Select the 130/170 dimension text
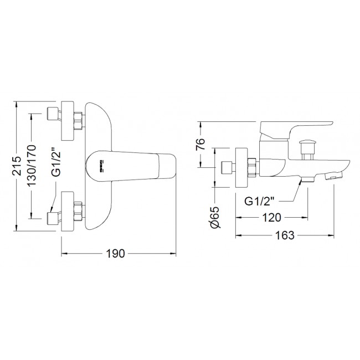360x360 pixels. (x=32, y=165)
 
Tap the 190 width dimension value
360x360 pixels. (x=116, y=254)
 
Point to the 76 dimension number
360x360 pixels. (x=200, y=144)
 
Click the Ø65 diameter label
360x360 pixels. (x=215, y=217)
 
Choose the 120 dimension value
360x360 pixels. (x=271, y=218)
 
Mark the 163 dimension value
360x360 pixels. (x=285, y=235)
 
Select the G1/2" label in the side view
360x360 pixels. (x=259, y=201)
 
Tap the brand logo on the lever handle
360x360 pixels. (x=102, y=166)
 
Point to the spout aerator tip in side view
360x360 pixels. (x=333, y=176)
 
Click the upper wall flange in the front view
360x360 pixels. (x=68, y=120)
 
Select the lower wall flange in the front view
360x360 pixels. (x=68, y=211)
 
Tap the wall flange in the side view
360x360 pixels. (x=242, y=168)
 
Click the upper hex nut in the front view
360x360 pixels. (x=78, y=121)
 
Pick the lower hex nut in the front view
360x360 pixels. (x=78, y=211)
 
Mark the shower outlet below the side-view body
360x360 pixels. (x=307, y=179)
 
